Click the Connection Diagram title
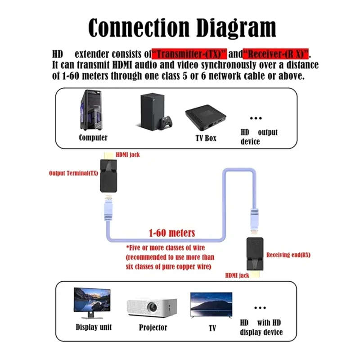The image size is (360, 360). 182,28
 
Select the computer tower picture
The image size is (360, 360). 91,111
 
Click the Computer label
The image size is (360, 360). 93,138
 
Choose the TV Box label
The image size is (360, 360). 206,138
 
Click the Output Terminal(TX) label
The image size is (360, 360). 73,173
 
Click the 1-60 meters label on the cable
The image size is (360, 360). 172,233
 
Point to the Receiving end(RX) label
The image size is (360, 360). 288,255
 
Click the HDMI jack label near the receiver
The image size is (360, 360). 237,275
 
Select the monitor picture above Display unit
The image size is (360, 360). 92,300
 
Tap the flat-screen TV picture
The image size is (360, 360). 211,304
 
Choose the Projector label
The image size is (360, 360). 153,328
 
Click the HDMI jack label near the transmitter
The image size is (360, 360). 128,154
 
